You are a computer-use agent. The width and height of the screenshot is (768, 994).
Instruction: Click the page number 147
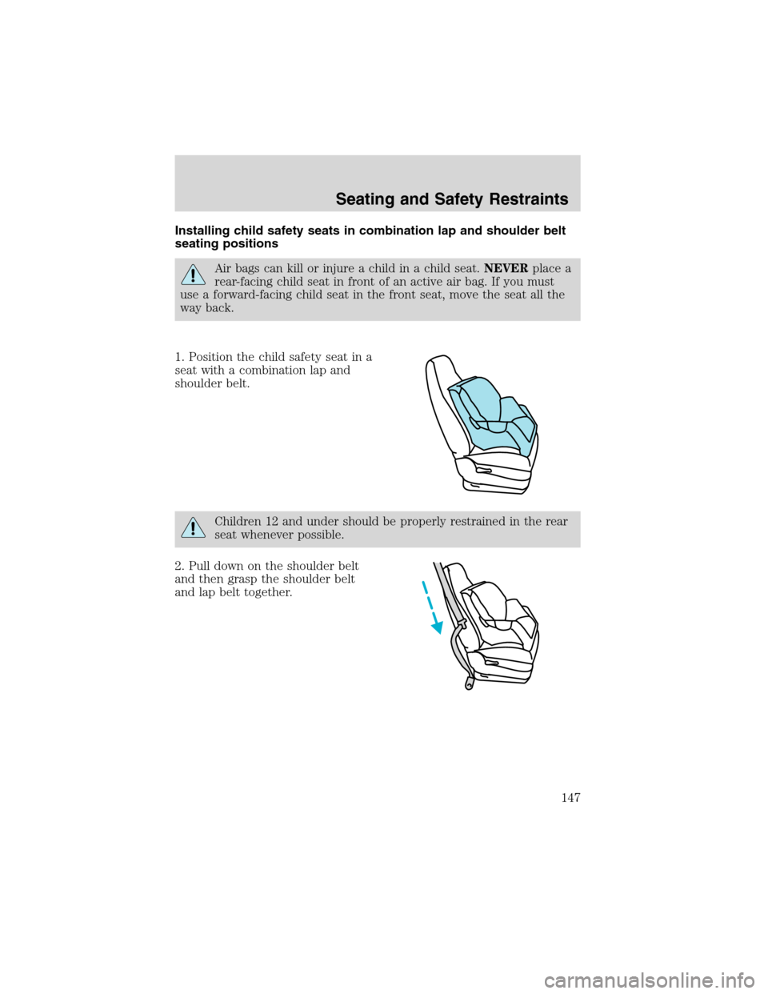tap(569, 797)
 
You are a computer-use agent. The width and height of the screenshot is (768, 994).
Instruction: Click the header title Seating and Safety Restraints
tap(452, 199)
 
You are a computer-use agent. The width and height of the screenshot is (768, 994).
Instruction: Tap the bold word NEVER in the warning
tap(506, 269)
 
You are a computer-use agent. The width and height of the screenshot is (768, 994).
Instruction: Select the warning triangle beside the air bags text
tap(193, 275)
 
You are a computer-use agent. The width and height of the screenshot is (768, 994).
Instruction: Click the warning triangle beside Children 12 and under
tap(193, 528)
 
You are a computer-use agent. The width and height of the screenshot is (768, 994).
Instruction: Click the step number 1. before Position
tap(179, 357)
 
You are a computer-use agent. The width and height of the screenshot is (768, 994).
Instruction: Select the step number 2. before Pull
tap(179, 566)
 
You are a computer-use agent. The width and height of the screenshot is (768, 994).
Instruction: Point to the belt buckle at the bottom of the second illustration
tap(468, 683)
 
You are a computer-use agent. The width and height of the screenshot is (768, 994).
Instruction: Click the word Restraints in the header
tap(529, 199)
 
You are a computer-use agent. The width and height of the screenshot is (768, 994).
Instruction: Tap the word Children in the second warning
tap(239, 522)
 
